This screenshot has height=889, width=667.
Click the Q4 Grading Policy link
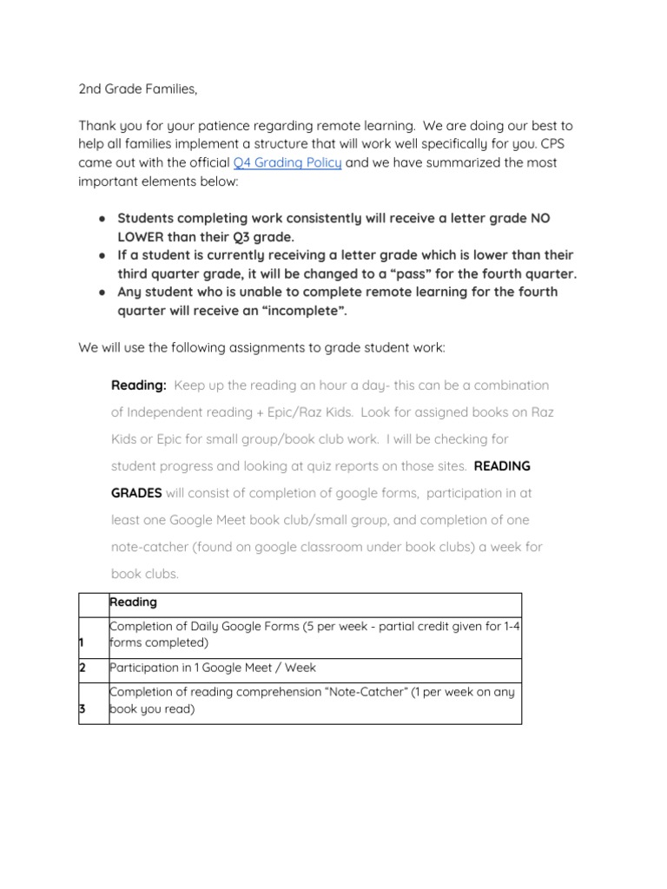[x=287, y=163]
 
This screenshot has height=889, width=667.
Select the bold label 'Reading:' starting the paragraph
[x=139, y=385]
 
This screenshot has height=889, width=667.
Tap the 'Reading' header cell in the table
[x=133, y=602]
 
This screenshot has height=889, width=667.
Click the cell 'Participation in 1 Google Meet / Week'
[x=213, y=668]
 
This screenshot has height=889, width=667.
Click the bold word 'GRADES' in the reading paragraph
[x=136, y=493]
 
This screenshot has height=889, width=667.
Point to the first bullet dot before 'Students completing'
[x=102, y=217]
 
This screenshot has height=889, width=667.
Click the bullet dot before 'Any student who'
[x=102, y=293]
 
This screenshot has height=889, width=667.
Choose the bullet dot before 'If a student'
[x=102, y=255]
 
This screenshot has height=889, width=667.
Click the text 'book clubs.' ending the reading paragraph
[x=144, y=574]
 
